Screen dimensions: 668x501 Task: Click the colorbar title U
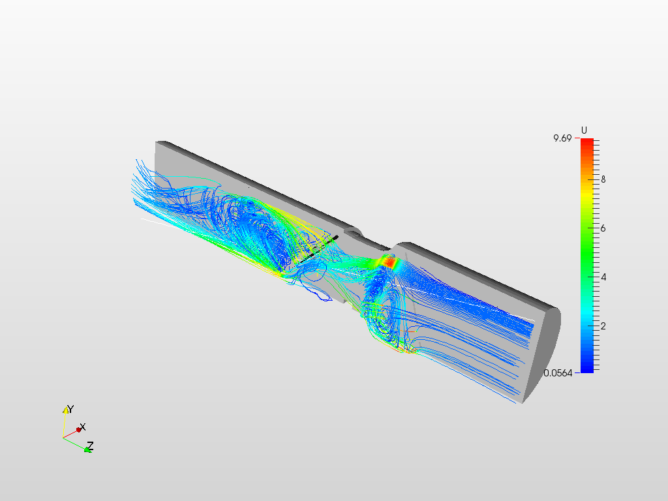click(584, 130)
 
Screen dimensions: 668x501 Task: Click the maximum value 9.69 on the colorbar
click(562, 138)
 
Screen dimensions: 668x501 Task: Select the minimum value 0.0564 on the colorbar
click(558, 373)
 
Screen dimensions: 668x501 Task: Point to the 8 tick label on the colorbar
click(603, 179)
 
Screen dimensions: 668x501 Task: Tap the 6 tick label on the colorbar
click(603, 228)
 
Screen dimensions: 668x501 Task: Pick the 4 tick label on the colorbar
click(603, 277)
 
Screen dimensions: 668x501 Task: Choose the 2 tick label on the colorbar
click(603, 326)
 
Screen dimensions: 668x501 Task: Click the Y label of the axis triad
click(70, 409)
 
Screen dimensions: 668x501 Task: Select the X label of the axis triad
click(83, 427)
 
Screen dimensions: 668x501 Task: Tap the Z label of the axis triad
click(90, 446)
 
